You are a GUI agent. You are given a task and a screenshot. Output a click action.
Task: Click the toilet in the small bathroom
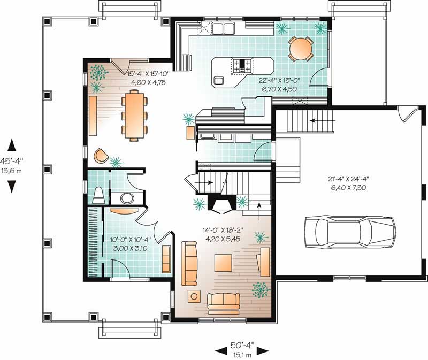[98, 195]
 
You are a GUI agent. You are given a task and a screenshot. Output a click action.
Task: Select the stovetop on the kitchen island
[241, 65]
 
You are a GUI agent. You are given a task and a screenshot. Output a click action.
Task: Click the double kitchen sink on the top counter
[221, 28]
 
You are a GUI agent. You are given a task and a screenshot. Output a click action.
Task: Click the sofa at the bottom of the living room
[225, 304]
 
